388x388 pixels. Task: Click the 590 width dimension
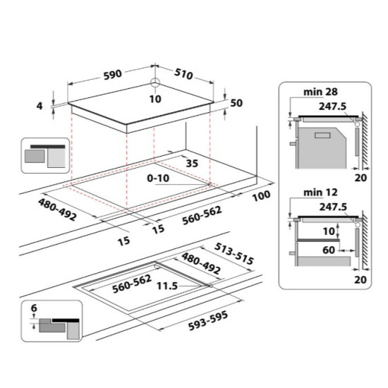113,75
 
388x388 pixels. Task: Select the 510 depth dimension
183,74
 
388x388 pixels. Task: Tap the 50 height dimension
236,103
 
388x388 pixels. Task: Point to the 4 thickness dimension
40,106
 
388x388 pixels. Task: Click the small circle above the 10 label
155,83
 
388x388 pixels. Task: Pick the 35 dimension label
193,164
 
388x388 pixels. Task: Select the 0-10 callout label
158,178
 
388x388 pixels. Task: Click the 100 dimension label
261,195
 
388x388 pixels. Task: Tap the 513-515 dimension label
234,253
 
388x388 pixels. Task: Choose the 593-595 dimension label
208,321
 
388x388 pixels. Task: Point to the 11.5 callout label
167,286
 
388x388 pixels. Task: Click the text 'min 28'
320,92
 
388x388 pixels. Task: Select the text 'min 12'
320,193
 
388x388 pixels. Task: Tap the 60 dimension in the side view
329,250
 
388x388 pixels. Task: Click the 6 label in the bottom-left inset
34,308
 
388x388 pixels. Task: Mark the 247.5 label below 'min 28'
332,107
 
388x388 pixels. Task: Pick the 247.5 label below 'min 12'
333,207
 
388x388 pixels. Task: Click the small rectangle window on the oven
322,135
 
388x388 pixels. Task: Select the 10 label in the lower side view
329,231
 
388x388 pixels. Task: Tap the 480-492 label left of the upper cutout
57,210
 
